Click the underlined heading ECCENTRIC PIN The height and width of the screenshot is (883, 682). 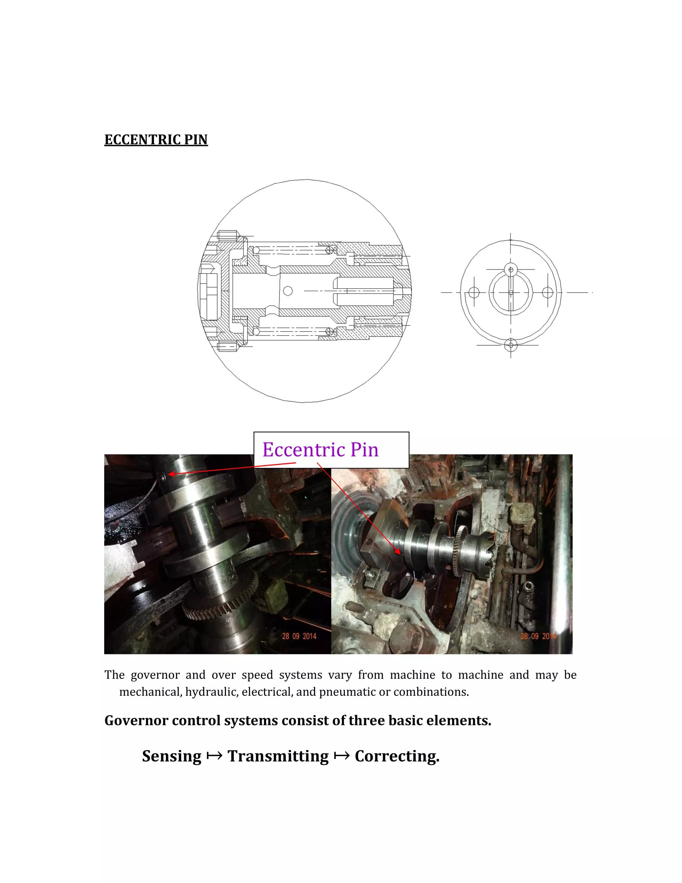point(156,140)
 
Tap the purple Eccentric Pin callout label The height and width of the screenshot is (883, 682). point(320,449)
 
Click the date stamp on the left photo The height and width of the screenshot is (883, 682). point(299,636)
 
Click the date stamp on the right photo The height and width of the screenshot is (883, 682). point(538,636)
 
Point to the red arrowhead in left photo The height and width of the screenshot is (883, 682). point(171,474)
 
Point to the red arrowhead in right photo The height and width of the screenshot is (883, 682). point(398,551)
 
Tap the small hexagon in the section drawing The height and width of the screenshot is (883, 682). point(288,291)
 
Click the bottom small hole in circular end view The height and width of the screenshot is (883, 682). point(511,345)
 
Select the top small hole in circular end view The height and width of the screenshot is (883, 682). point(511,269)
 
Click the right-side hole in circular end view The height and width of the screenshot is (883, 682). point(547,292)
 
